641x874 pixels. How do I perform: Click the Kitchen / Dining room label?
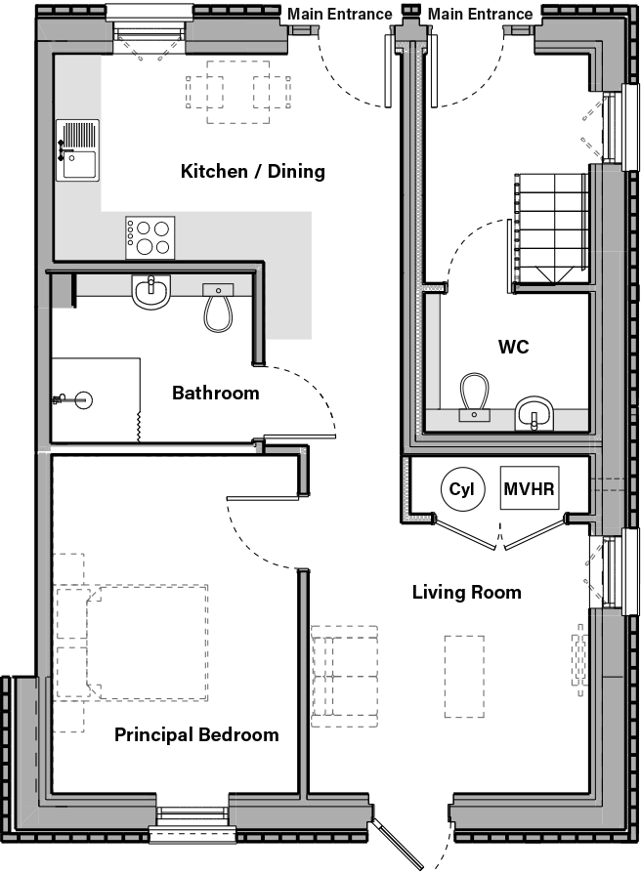coord(252,172)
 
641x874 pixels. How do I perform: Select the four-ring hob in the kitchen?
coord(150,237)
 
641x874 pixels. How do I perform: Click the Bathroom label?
coord(216,394)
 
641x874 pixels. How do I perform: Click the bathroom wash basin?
coord(151,291)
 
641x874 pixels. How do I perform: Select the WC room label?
coord(514,347)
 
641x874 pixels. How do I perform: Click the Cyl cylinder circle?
coord(461,489)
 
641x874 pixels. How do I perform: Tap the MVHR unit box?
coord(531,488)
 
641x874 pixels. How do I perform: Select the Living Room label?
coord(466,592)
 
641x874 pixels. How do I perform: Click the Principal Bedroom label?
coord(196,734)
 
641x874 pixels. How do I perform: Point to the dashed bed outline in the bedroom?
coord(147,642)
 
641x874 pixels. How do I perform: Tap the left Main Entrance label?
coord(339,14)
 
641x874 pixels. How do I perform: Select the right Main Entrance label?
coord(481,14)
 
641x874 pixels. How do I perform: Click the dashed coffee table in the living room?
coord(464,675)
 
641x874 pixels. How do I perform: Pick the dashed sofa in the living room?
coord(344,674)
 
